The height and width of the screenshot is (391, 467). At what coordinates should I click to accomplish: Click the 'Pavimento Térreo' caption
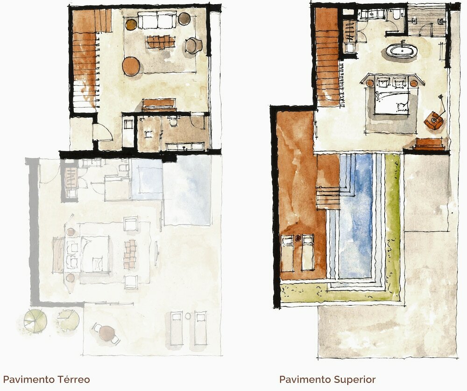pyautogui.click(x=46, y=379)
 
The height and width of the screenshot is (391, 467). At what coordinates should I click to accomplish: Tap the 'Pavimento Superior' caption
pyautogui.click(x=327, y=379)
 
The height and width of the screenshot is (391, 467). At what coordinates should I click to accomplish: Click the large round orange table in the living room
pyautogui.click(x=131, y=66)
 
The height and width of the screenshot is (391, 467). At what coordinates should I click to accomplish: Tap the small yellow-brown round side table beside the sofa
pyautogui.click(x=131, y=25)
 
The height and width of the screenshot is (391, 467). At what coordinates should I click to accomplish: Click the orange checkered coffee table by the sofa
pyautogui.click(x=161, y=42)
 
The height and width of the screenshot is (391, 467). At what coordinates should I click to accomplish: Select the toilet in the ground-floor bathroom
pyautogui.click(x=173, y=121)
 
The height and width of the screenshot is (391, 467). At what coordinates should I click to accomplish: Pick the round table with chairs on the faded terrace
pyautogui.click(x=106, y=333)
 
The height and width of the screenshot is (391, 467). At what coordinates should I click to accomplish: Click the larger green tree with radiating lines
pyautogui.click(x=35, y=321)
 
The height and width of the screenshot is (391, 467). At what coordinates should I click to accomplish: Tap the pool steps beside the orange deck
pyautogui.click(x=328, y=198)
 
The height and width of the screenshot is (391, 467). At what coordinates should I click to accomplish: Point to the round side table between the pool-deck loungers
pyautogui.click(x=298, y=238)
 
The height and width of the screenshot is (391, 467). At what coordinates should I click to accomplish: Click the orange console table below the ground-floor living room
pyautogui.click(x=158, y=105)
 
